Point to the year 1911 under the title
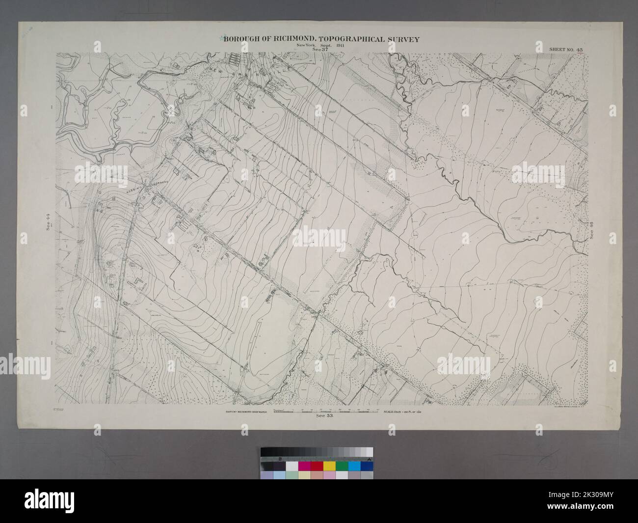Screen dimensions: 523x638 pyautogui.click(x=338, y=45)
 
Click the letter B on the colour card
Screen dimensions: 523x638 pyautogui.click(x=279, y=459)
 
